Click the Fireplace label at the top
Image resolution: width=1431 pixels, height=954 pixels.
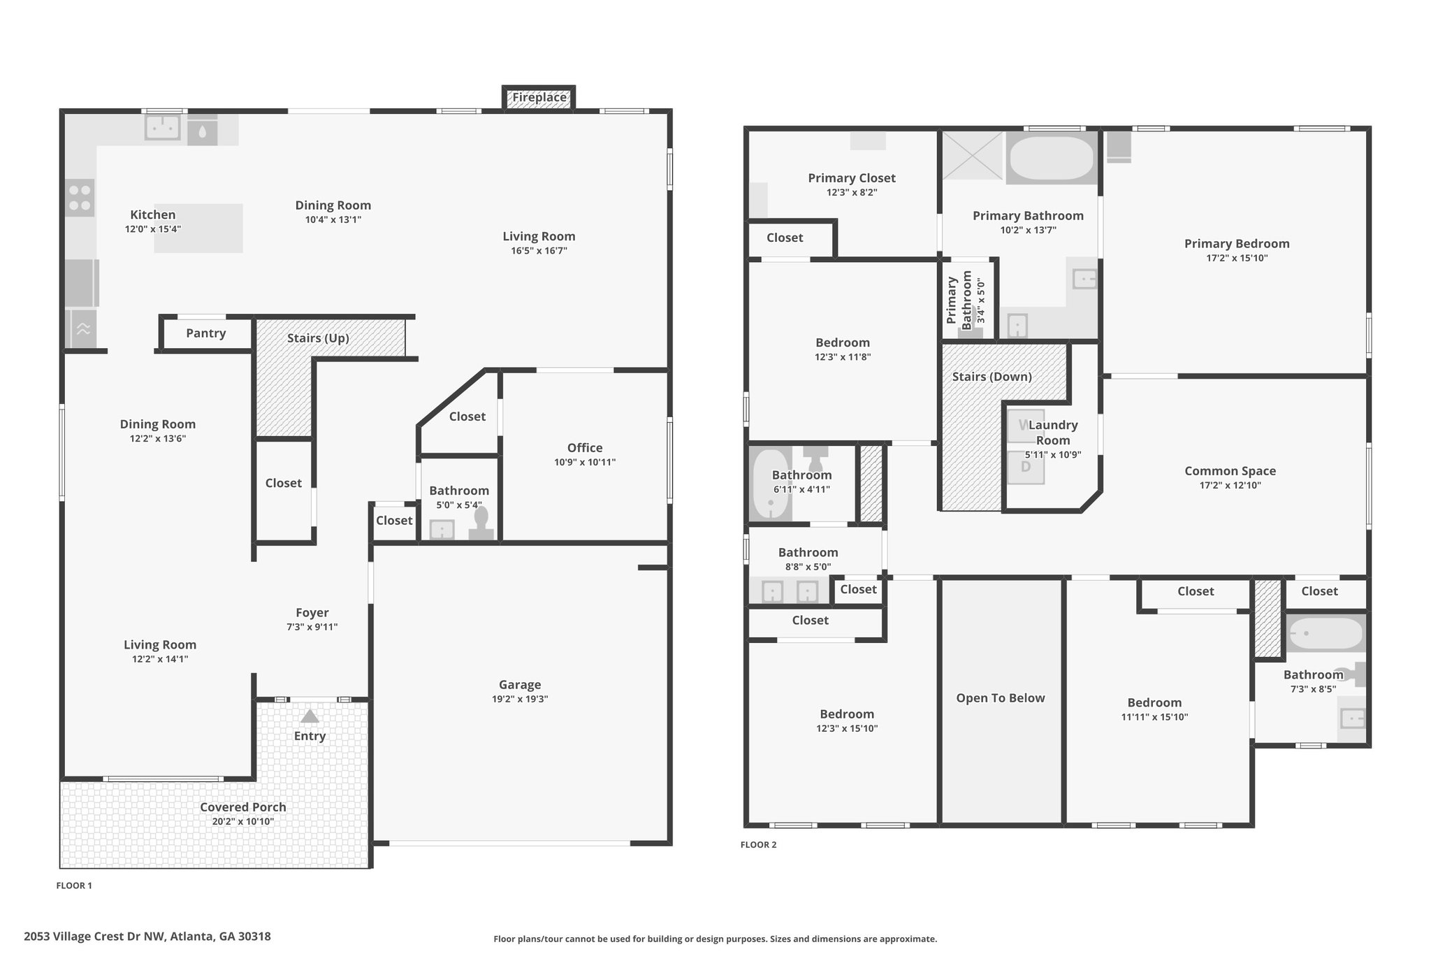(539, 98)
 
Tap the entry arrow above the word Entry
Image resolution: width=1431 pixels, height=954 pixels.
(310, 716)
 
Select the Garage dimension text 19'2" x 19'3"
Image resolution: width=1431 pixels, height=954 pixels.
(519, 699)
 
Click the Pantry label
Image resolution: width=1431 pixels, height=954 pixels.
(205, 333)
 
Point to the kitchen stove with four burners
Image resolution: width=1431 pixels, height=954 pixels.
(80, 197)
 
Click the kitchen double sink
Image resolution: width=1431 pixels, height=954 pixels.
(163, 127)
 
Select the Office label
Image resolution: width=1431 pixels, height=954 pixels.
(584, 448)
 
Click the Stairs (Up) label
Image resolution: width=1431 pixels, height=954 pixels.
(318, 338)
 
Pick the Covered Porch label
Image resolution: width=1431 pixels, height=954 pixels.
(242, 807)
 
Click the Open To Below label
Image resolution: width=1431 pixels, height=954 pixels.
(1000, 698)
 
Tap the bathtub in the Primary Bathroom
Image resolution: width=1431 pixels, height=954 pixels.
(1051, 159)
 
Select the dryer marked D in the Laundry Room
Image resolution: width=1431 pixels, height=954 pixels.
(1026, 467)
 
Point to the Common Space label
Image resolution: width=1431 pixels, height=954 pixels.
(1229, 471)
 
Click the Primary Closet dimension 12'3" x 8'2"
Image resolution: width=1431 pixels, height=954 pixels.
(851, 193)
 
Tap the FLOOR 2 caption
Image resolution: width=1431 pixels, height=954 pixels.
(758, 845)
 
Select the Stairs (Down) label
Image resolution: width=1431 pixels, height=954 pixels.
(991, 377)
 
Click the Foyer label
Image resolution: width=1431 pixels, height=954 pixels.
(312, 613)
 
